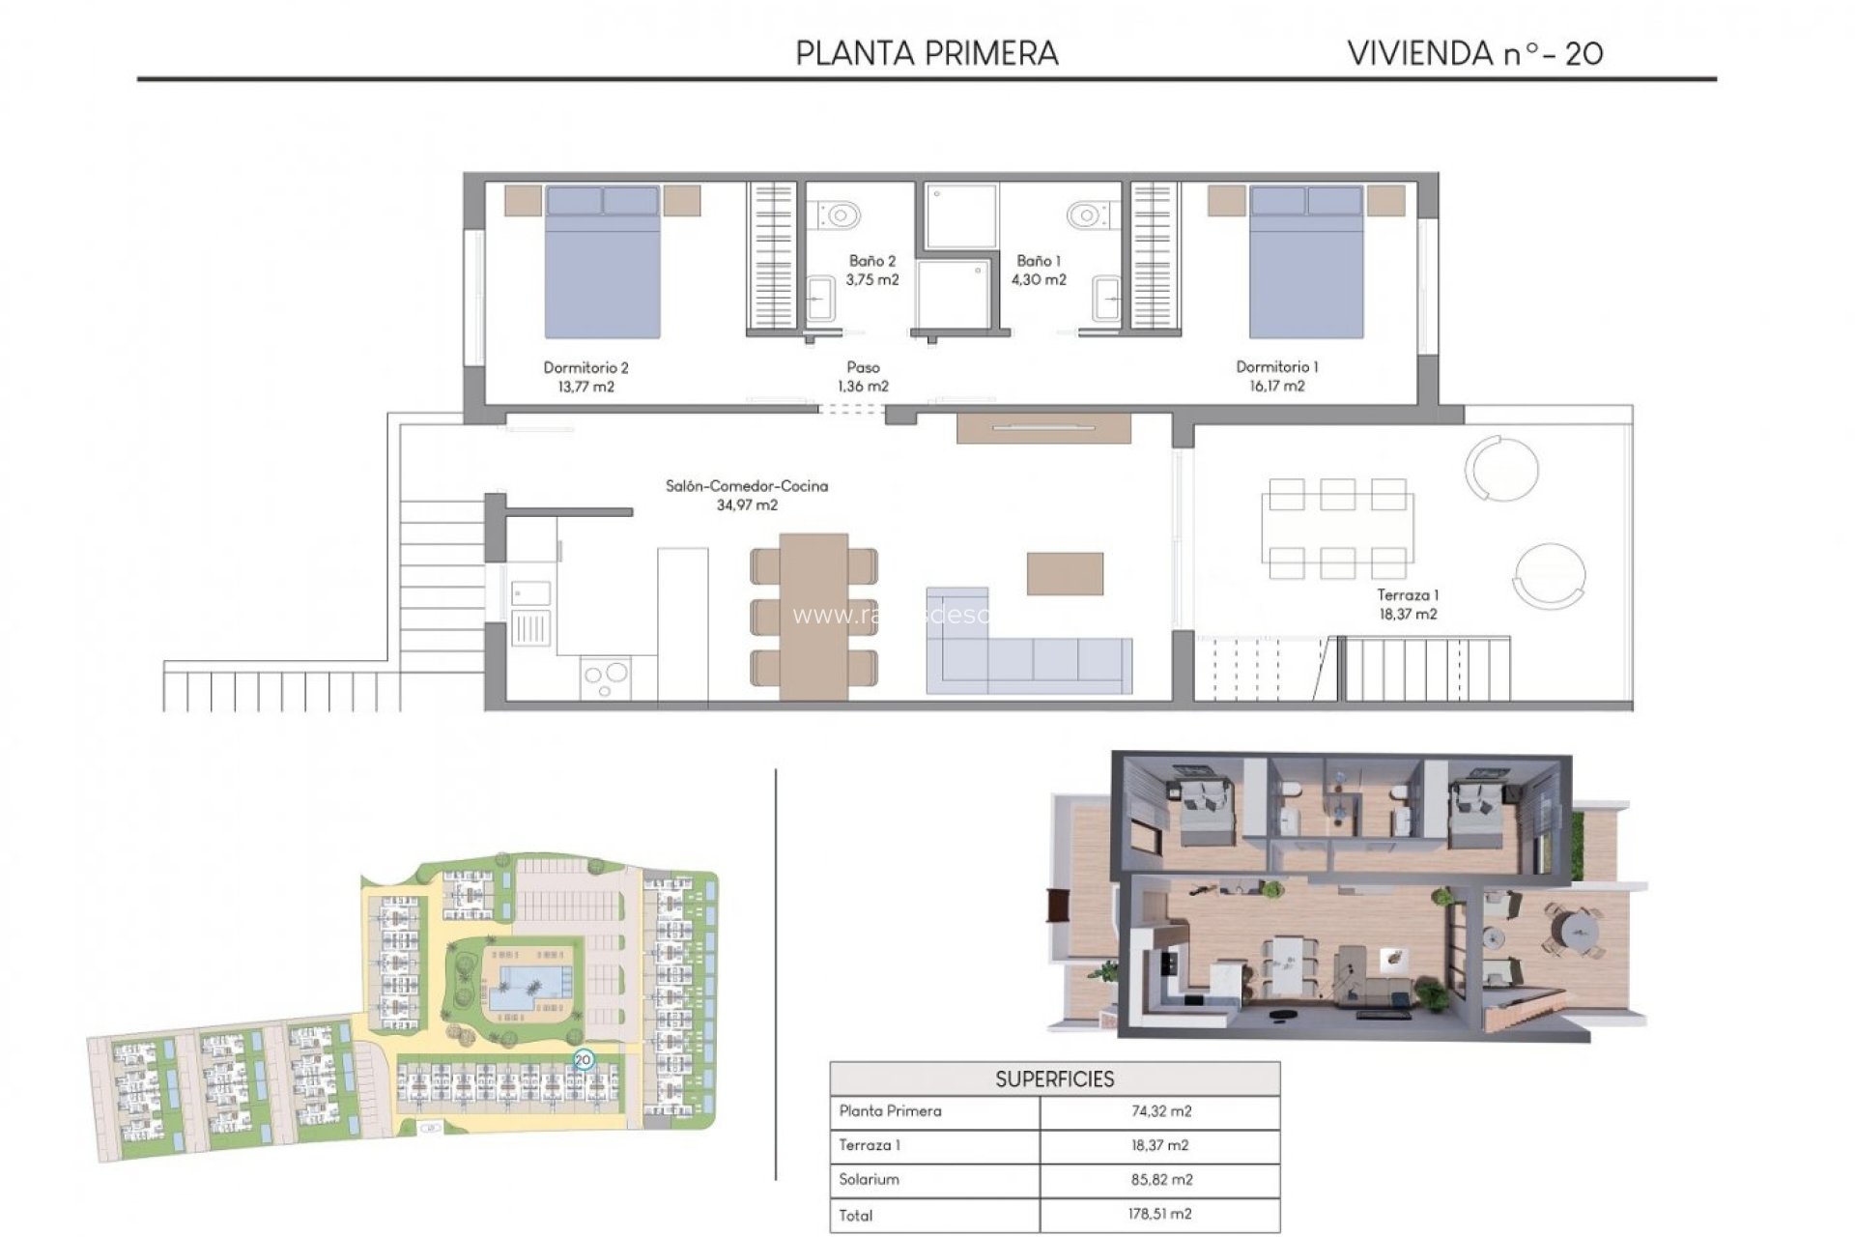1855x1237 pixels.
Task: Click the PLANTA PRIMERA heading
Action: pos(927,53)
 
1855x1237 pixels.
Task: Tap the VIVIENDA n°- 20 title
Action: pos(1474,53)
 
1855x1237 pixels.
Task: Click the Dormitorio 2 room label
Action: pos(585,367)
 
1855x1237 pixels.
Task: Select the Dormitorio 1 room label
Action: pos(1276,366)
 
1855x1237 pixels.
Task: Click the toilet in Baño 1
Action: pos(1089,214)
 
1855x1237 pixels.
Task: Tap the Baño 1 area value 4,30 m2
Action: pos(1039,280)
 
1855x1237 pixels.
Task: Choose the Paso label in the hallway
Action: pos(863,367)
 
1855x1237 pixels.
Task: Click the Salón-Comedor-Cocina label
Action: pos(746,486)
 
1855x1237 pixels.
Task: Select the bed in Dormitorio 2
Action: pos(603,263)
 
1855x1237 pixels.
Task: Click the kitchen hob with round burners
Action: pos(606,677)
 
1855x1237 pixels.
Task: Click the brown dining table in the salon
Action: pos(813,616)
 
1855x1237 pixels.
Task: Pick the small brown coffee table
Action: pos(1065,573)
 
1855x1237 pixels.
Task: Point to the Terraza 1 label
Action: pos(1407,595)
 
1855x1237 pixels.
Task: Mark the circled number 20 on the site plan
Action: pos(583,1060)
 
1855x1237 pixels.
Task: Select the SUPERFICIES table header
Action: pos(1054,1079)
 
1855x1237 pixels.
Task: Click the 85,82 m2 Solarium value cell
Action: pos(1160,1179)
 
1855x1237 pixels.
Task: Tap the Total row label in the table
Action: pos(856,1215)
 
